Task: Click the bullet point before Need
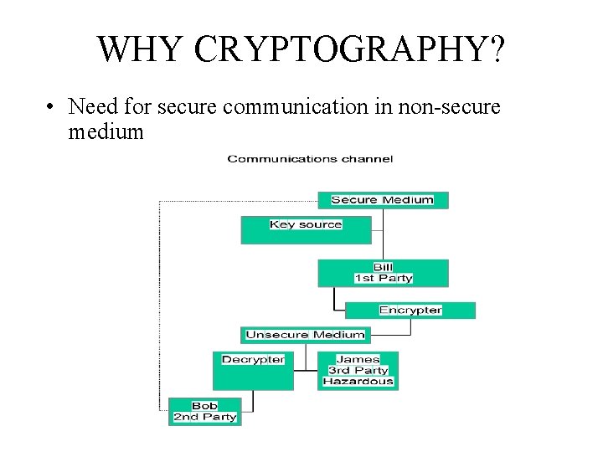(x=51, y=107)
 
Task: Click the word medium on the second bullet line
(x=106, y=131)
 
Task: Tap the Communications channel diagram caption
(x=310, y=159)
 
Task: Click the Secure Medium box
(x=383, y=200)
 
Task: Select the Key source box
(x=306, y=230)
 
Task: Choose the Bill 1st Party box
(x=383, y=273)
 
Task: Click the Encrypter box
(x=410, y=310)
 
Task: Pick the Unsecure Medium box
(x=305, y=335)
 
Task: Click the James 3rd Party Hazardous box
(x=358, y=370)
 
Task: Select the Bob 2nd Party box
(x=204, y=411)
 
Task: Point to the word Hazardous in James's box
(x=358, y=382)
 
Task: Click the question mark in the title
(x=495, y=50)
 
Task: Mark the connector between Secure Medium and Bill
(x=383, y=234)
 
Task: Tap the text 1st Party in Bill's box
(x=383, y=278)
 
